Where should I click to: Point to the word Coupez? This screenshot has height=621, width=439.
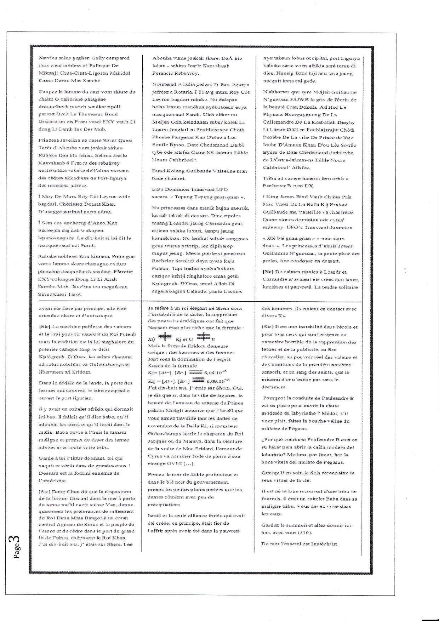[47, 92]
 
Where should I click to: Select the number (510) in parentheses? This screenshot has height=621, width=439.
[305, 532]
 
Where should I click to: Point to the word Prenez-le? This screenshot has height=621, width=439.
[158, 474]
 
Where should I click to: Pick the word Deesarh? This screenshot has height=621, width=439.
[47, 473]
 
